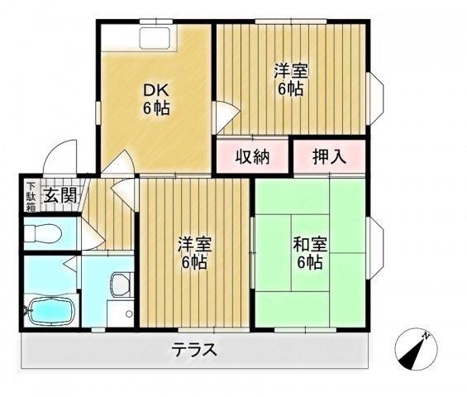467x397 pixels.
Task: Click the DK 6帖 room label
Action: (x=156, y=99)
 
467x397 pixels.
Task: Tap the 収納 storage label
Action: (x=253, y=156)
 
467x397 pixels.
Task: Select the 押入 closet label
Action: (x=330, y=156)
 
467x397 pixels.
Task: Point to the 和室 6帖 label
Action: (x=310, y=253)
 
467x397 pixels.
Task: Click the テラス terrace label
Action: (x=194, y=349)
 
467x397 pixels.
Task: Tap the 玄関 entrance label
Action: (x=60, y=195)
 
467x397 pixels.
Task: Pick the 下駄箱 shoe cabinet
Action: (x=31, y=196)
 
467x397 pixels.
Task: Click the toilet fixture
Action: (x=43, y=233)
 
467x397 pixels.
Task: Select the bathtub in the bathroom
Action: (x=50, y=312)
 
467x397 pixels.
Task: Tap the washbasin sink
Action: (x=121, y=285)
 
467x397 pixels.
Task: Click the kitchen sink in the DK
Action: (x=155, y=38)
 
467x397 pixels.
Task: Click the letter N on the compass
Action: (x=426, y=336)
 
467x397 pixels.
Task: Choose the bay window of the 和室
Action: (x=376, y=248)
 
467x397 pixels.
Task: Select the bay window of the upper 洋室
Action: (x=376, y=98)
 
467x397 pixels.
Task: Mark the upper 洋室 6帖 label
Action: (x=291, y=79)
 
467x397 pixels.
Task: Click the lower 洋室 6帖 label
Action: (x=194, y=253)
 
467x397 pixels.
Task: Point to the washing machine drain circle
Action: (x=129, y=313)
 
